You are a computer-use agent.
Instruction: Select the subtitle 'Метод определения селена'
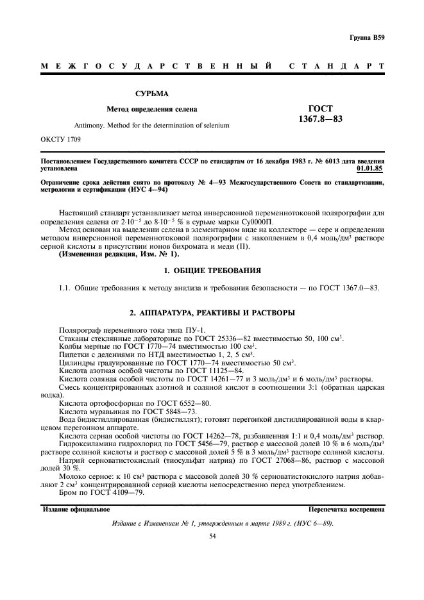click(151, 109)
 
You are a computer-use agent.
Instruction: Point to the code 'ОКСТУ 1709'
click(60, 138)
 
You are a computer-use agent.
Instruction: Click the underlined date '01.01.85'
click(370, 169)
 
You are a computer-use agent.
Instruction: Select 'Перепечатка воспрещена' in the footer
click(346, 509)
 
